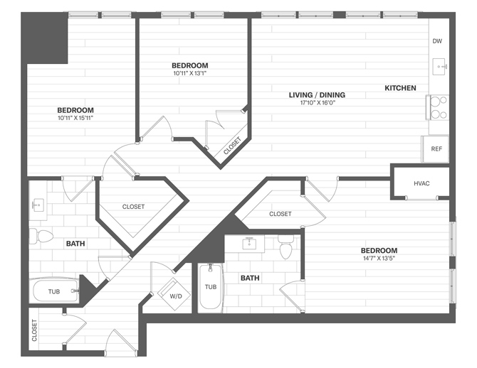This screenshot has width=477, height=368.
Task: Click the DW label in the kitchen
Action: (x=437, y=41)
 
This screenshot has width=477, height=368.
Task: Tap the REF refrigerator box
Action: (x=436, y=149)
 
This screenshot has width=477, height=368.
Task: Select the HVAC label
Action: (x=421, y=183)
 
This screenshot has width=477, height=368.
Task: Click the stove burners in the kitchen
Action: (x=437, y=107)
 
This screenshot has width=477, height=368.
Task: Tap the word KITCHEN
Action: (x=400, y=88)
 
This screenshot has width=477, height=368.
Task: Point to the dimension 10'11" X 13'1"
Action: (x=189, y=73)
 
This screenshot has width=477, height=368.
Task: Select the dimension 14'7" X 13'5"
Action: (x=379, y=259)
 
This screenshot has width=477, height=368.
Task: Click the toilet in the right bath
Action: (x=286, y=250)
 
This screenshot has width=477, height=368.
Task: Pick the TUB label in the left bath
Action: (x=54, y=292)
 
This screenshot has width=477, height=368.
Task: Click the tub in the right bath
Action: (x=211, y=288)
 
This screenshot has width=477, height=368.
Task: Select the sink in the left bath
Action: (x=37, y=205)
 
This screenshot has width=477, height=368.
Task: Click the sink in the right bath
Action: (x=250, y=245)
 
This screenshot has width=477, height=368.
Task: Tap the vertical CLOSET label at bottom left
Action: (x=34, y=331)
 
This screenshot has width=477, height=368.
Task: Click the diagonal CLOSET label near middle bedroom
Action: (x=232, y=146)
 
